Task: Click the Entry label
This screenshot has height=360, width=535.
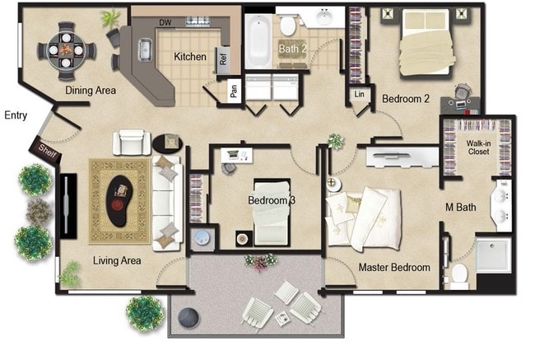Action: coord(16,115)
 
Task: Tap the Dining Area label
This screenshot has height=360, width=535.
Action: coord(91,91)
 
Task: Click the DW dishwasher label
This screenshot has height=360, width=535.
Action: coord(165,22)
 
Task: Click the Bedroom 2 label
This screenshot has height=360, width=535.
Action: coord(406,99)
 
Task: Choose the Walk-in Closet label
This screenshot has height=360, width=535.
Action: coord(479,147)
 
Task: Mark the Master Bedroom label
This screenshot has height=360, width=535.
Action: coord(394,268)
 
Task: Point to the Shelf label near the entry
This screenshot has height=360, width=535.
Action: coord(43,149)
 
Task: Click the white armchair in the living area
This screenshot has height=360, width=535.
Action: coord(132,142)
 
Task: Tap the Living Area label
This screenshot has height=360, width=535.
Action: coord(117,260)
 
